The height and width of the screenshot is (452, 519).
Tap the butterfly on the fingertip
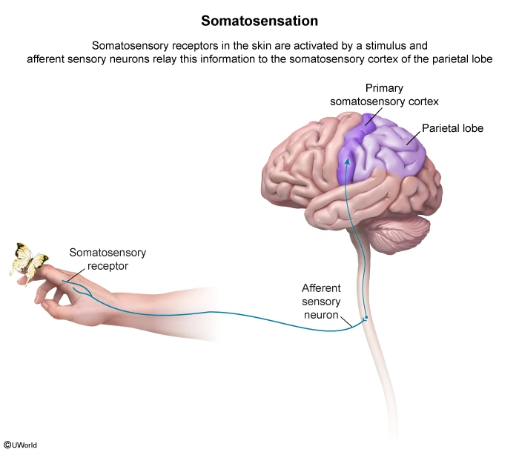click(27, 260)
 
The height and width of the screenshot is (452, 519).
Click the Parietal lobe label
click(452, 128)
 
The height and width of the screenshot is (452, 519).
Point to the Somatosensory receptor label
click(108, 259)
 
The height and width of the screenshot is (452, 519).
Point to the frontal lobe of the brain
click(297, 159)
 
